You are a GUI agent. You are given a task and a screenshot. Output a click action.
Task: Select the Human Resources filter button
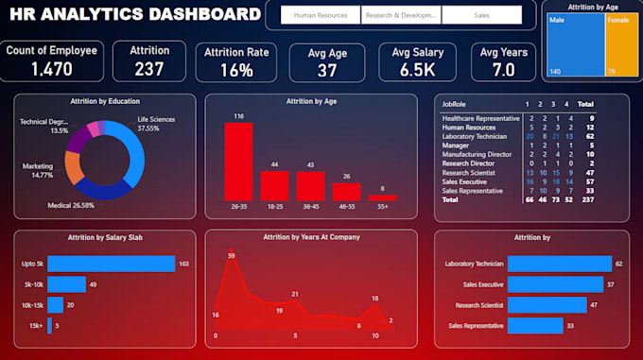coord(321,16)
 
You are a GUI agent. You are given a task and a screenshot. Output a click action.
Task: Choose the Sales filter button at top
coord(481,16)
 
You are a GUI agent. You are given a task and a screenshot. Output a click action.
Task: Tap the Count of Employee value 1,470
coord(50,69)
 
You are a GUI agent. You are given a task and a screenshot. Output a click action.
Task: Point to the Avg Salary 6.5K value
coord(417,70)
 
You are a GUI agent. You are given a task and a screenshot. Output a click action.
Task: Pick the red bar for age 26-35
coord(239,162)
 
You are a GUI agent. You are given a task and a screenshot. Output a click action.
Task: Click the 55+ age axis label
coord(382,206)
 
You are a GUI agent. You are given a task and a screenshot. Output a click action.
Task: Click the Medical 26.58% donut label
coord(71,204)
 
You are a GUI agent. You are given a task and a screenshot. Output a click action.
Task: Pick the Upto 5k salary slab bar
coord(112,264)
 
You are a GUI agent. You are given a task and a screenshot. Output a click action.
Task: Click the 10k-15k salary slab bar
coord(55,304)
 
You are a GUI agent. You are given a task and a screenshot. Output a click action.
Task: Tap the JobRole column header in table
coord(455,104)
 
